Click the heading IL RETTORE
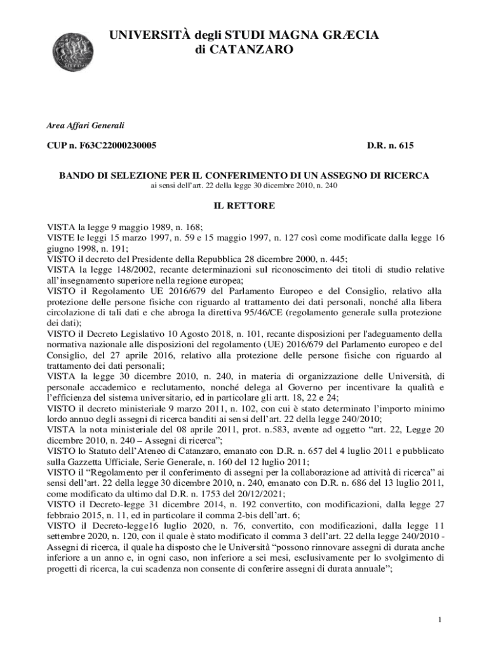tap(244, 206)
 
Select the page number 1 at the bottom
tap(439, 620)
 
